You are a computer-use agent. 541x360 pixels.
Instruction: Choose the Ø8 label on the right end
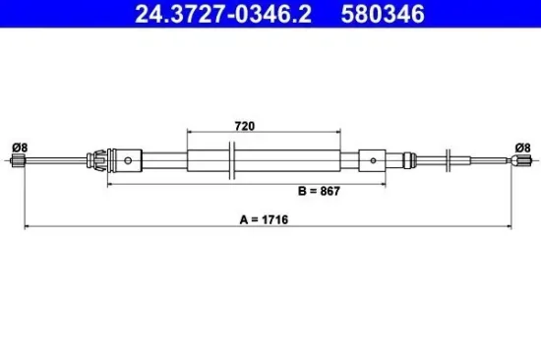(x=523, y=148)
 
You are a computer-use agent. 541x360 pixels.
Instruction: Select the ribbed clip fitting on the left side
(x=96, y=158)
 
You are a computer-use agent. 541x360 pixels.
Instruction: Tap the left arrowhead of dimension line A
(x=26, y=227)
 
